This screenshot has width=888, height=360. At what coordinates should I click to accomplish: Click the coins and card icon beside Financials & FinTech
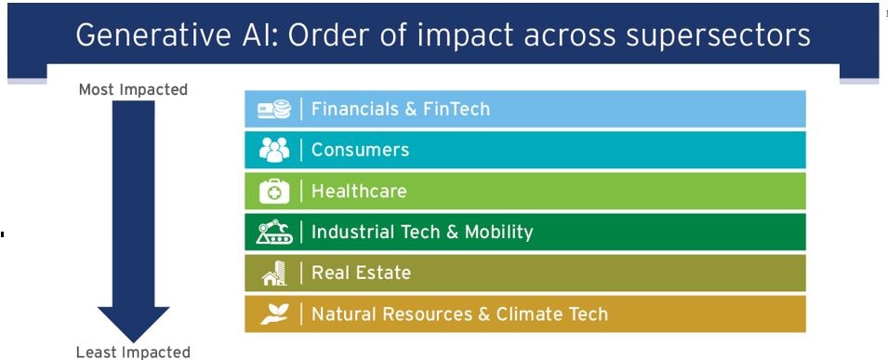point(274,109)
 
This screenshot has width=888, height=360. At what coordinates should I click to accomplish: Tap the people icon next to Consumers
point(274,150)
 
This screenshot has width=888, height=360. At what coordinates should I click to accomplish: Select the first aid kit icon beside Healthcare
point(274,191)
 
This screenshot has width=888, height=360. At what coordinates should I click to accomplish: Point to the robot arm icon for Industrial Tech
point(274,232)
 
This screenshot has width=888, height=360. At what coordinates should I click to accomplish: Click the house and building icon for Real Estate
point(274,273)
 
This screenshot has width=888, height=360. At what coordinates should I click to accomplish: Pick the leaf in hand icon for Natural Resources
point(274,313)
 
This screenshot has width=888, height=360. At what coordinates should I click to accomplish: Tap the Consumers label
point(360,150)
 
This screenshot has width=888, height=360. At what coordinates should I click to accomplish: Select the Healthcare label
point(359,191)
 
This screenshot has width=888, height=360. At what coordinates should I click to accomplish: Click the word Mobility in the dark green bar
point(498,233)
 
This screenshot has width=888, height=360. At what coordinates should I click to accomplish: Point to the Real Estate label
point(361,273)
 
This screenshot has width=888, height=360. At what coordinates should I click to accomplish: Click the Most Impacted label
point(133,89)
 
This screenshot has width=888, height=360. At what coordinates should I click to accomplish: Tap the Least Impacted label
point(133,352)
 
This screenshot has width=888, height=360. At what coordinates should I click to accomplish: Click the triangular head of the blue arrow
point(134,324)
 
